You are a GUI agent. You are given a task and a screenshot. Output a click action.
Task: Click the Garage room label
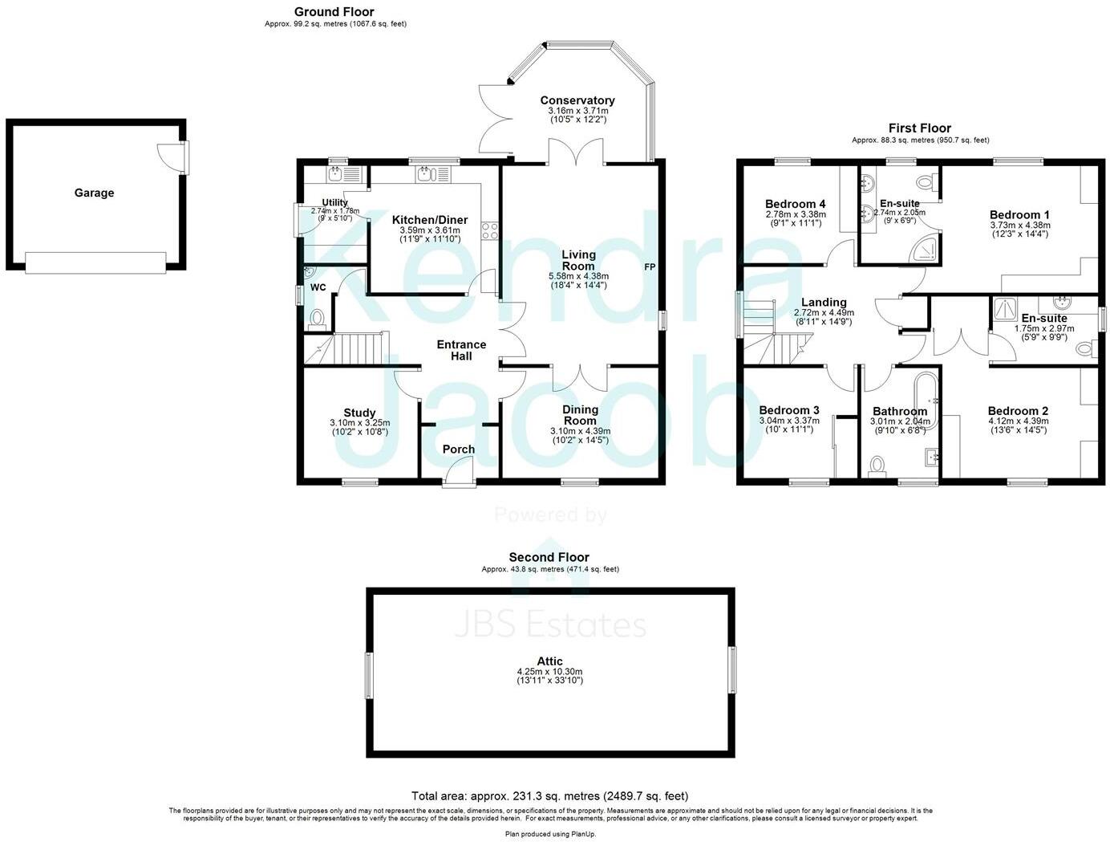click(95, 193)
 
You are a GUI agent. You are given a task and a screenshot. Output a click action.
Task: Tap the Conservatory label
click(577, 100)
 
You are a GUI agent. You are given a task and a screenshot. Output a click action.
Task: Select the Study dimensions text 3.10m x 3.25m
click(359, 423)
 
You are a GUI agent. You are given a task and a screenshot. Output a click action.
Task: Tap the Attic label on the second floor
click(549, 661)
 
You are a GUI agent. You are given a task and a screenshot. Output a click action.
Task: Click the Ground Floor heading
click(334, 11)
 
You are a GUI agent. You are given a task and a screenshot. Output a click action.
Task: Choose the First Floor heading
click(919, 128)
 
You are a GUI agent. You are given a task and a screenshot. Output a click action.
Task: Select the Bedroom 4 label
click(795, 204)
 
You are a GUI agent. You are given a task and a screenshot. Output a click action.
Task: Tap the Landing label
click(824, 303)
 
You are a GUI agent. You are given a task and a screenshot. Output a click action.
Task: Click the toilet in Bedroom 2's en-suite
click(1086, 348)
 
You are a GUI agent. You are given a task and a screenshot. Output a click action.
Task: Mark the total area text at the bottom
click(549, 796)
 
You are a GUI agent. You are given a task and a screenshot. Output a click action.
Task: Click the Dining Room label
click(580, 416)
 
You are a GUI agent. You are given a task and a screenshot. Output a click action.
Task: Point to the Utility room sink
click(335, 173)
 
